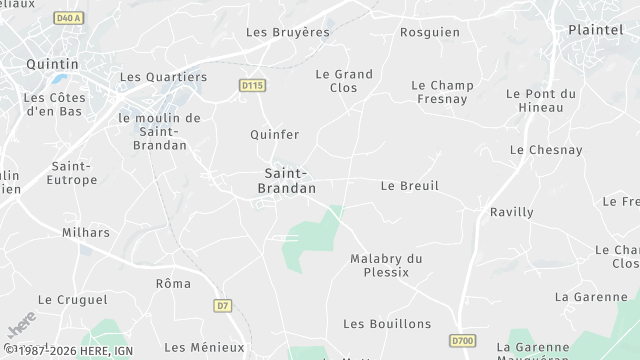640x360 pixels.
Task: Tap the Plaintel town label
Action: point(595,30)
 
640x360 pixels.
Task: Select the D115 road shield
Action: point(252,86)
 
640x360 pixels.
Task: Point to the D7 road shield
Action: point(222,305)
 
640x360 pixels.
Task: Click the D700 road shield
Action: point(462,341)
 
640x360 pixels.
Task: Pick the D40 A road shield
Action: point(69,18)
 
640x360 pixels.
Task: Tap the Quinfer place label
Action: point(274,134)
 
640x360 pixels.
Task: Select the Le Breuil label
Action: point(410,186)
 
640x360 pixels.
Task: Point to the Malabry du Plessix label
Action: point(386,265)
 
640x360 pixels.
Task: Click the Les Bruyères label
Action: point(288,32)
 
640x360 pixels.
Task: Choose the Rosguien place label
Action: point(430,32)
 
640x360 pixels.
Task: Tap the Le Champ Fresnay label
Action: point(442,92)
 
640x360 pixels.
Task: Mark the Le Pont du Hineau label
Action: point(541,100)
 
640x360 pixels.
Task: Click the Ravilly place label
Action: point(512,212)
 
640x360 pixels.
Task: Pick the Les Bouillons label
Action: point(387,324)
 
